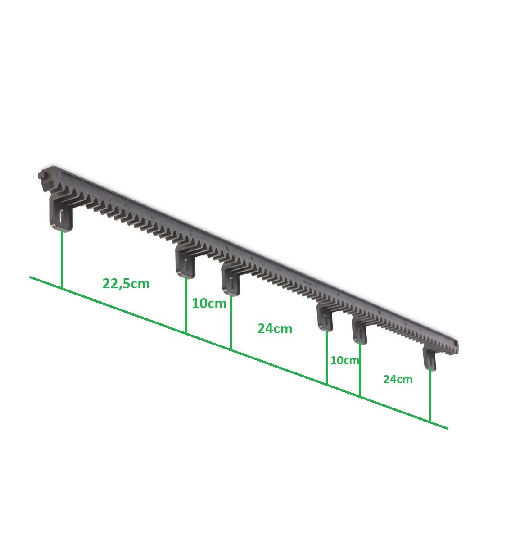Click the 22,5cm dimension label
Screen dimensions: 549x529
coord(126,284)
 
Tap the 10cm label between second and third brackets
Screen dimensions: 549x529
coord(209,304)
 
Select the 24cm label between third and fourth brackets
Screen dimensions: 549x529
coord(275,329)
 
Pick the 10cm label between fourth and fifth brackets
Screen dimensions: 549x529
coord(345,360)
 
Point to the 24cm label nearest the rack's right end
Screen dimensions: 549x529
coord(398,379)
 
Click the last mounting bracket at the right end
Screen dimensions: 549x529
coord(430,358)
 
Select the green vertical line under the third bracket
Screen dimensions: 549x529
coord(231,322)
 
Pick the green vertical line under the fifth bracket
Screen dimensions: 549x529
coord(360,369)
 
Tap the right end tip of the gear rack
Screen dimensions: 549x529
coord(457,346)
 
